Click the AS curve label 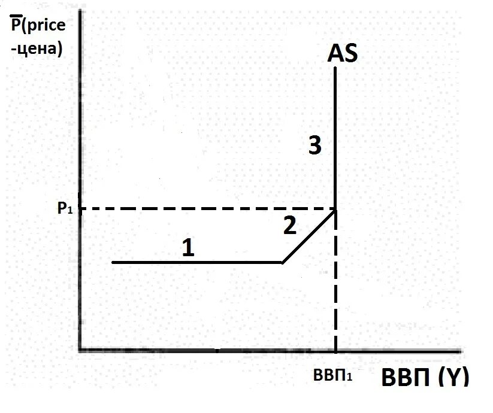pyautogui.click(x=343, y=53)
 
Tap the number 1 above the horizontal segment pyautogui.click(x=188, y=247)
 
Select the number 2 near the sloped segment pyautogui.click(x=289, y=226)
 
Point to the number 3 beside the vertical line pyautogui.click(x=315, y=145)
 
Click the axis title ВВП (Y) pyautogui.click(x=425, y=378)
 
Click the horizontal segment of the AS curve pyautogui.click(x=198, y=262)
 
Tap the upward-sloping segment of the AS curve pyautogui.click(x=309, y=236)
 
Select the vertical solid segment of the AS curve pyautogui.click(x=335, y=138)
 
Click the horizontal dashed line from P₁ pyautogui.click(x=204, y=208)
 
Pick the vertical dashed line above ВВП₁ pyautogui.click(x=335, y=281)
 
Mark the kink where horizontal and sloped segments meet pyautogui.click(x=283, y=262)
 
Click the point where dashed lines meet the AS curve pyautogui.click(x=335, y=209)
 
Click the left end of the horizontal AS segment pyautogui.click(x=113, y=262)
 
